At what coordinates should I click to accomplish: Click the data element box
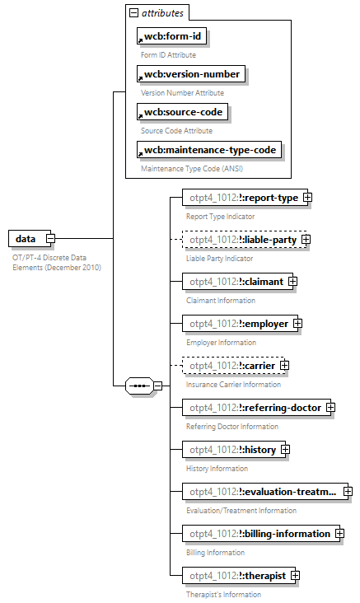[x=26, y=239]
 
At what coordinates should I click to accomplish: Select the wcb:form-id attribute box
[x=171, y=36]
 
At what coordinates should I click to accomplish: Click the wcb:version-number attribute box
[x=191, y=74]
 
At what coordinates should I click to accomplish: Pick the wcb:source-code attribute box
[x=182, y=112]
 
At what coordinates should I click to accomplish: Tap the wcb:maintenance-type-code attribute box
[x=209, y=150]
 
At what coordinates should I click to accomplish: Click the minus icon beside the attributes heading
[x=133, y=13]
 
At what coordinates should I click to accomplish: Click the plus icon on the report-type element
[x=307, y=198]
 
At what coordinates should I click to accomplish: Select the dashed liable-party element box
[x=240, y=240]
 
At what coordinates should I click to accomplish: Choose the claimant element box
[x=233, y=282]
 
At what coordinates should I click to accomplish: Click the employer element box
[x=236, y=324]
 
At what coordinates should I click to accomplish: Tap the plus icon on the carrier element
[x=285, y=366]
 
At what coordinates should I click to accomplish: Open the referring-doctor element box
[x=252, y=408]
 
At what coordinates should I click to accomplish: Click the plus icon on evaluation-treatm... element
[x=348, y=492]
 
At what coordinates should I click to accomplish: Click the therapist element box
[x=234, y=576]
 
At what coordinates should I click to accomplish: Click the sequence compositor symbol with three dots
[x=138, y=386]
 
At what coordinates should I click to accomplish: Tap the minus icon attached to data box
[x=50, y=239]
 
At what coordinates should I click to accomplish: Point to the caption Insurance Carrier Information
[x=233, y=384]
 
